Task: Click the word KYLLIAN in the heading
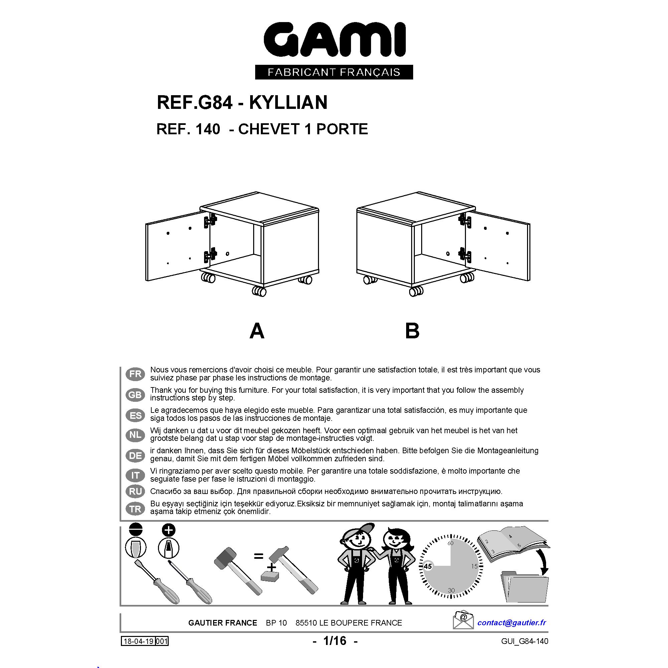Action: pos(288,102)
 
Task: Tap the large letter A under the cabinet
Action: pos(257,331)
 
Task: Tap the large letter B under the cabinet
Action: pos(412,331)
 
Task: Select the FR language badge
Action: pos(135,374)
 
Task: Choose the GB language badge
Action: pos(135,394)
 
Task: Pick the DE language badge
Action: pos(135,455)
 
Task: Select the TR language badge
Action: pos(135,509)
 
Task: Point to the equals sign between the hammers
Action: pos(259,556)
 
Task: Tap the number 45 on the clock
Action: pos(428,566)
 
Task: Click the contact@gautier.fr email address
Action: pos(512,623)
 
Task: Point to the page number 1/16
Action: pos(334,641)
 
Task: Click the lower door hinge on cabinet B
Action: pos(464,254)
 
